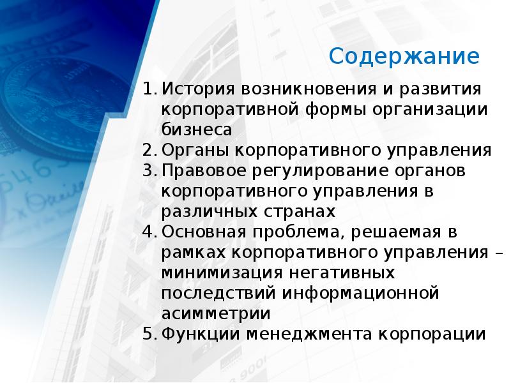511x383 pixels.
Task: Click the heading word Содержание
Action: coord(404,57)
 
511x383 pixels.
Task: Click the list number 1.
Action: coord(148,88)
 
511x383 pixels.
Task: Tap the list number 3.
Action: coord(148,171)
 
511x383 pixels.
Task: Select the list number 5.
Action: coord(148,333)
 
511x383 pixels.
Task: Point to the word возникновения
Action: coord(301,88)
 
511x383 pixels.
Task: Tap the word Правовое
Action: coord(202,171)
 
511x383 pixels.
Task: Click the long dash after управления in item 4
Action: coord(498,252)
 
